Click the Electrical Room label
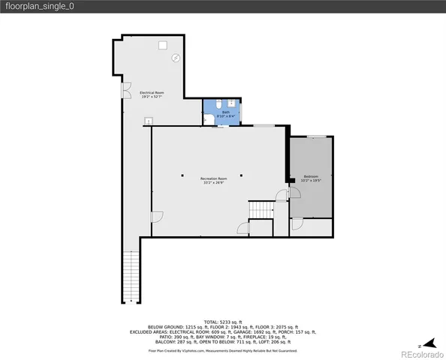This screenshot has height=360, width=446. [152, 92]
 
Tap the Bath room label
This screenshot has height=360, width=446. [225, 112]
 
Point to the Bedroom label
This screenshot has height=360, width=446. [311, 176]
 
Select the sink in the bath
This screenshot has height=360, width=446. [231, 103]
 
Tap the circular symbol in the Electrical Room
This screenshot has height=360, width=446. [176, 58]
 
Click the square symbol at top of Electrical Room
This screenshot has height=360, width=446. [162, 45]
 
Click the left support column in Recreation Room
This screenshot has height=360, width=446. [182, 175]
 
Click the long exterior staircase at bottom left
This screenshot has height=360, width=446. [131, 277]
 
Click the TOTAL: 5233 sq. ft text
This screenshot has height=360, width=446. [222, 321]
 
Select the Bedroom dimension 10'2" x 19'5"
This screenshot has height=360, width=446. [311, 181]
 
